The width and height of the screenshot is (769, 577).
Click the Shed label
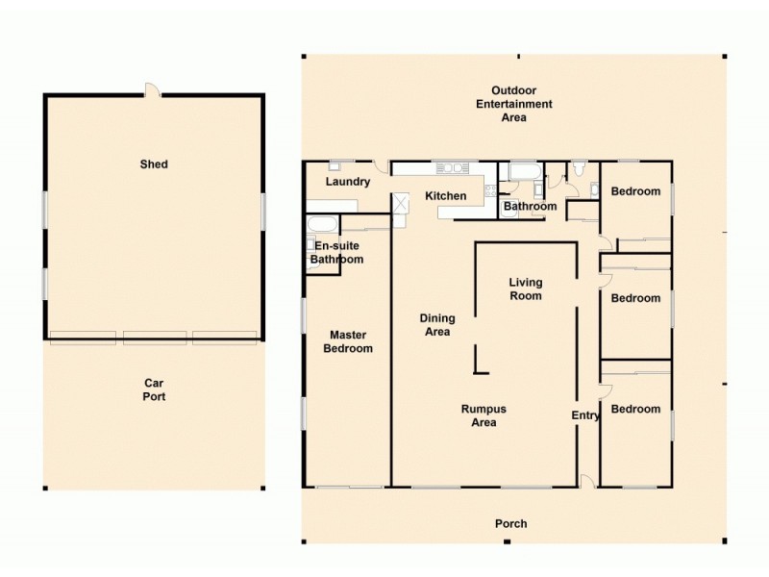(154, 164)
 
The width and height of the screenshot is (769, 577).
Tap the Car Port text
(154, 389)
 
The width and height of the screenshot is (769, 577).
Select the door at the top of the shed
(151, 90)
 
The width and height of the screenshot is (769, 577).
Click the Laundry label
(348, 182)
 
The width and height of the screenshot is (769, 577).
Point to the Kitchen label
(446, 196)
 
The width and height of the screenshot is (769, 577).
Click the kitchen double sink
(449, 168)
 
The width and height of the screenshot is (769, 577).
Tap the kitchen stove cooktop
(490, 189)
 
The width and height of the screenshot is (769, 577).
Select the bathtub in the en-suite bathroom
(322, 225)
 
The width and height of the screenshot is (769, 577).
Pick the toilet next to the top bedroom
(579, 167)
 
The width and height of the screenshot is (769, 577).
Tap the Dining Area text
(437, 325)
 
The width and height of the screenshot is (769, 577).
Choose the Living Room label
(526, 289)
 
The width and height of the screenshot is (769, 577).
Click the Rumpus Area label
(483, 415)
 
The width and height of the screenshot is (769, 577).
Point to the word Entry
(585, 416)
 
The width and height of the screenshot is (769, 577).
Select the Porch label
(510, 524)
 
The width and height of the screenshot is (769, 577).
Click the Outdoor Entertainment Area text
(514, 104)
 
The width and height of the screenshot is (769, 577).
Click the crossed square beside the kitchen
(400, 204)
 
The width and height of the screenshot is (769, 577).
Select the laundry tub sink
(336, 164)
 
